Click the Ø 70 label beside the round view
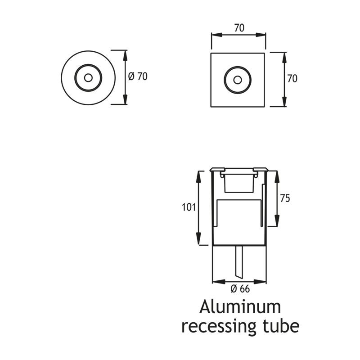pos(138,77)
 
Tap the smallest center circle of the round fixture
pos(88,77)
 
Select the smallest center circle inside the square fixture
pos(238,80)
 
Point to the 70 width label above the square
pos(239,27)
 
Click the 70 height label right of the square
pos(292,79)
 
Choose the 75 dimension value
pos(285,198)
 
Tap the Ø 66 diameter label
pos(240,289)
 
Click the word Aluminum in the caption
pos(240,307)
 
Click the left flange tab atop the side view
pos(217,170)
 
